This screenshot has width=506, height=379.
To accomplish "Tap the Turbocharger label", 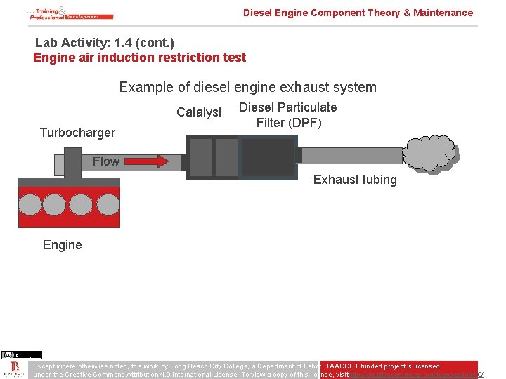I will click(x=77, y=132).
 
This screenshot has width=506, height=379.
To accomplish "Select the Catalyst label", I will click(x=199, y=112).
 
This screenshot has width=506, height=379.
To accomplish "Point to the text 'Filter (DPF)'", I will click(x=289, y=123).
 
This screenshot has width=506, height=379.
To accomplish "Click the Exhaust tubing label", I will click(x=355, y=180).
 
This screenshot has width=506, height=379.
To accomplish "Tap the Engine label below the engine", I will click(x=62, y=245).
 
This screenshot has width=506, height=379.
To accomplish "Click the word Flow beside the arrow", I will click(x=106, y=161).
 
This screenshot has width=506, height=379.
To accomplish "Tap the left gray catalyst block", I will click(x=200, y=157).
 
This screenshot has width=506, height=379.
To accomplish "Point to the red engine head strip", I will click(x=65, y=182).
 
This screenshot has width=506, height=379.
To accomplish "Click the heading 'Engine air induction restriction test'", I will click(x=139, y=58).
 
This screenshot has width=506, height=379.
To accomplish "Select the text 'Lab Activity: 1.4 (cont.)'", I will click(x=105, y=43).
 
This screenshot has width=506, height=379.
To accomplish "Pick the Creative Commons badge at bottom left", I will click(x=21, y=355).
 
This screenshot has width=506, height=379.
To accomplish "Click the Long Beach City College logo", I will click(x=14, y=369).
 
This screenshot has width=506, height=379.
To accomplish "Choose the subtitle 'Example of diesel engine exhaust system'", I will click(x=247, y=87).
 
